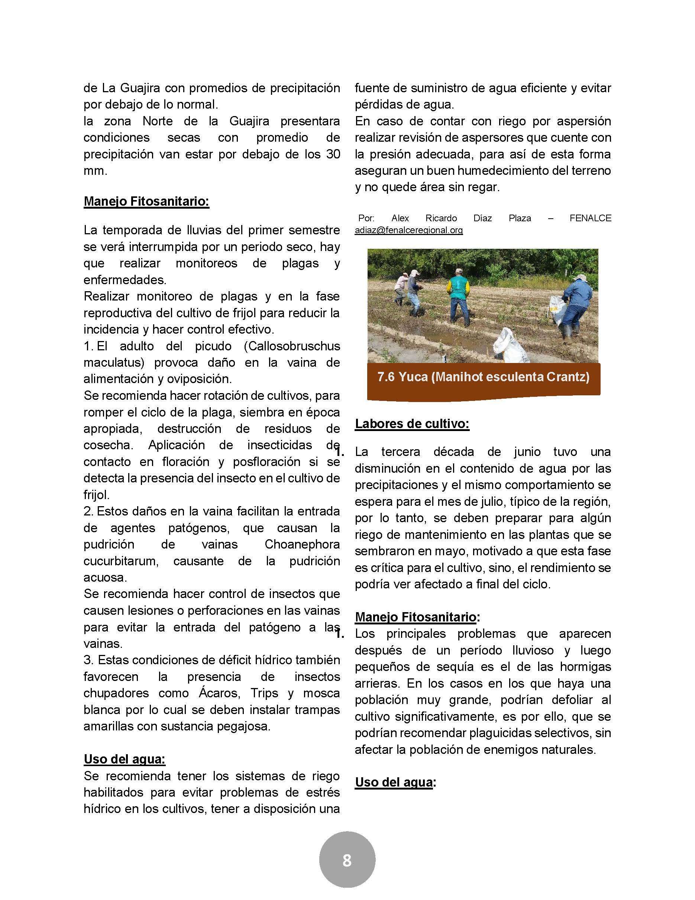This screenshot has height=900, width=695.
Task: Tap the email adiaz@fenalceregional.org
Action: click(x=408, y=230)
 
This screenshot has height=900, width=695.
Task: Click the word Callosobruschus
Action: click(x=292, y=346)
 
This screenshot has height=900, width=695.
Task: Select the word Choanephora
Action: click(x=302, y=544)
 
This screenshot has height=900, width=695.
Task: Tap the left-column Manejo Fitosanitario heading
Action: click(x=146, y=202)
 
